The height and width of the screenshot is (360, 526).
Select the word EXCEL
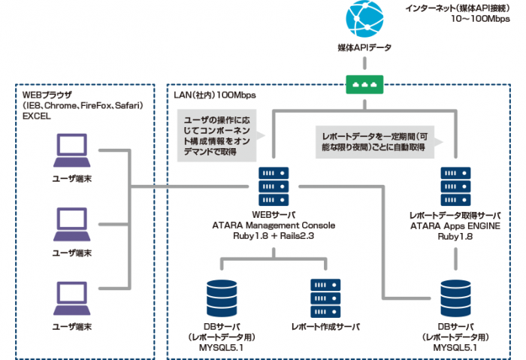[36, 117]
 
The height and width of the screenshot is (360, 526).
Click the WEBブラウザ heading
[47, 95]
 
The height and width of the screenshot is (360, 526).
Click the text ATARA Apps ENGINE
[455, 225]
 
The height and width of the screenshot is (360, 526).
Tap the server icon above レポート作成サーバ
[325, 298]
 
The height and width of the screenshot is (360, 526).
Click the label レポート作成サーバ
[325, 328]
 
